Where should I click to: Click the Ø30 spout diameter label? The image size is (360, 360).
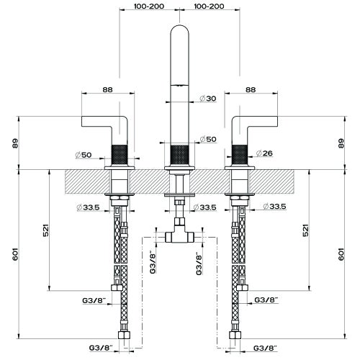208,99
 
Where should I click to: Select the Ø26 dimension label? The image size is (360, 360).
264,153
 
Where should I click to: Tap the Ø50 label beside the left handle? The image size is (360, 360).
84,155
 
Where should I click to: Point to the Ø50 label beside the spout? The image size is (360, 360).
208,139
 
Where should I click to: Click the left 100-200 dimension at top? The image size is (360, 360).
149,6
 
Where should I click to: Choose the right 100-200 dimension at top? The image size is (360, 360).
209,6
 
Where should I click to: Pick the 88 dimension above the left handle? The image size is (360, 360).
107,90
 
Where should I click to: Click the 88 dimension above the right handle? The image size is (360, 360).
251,90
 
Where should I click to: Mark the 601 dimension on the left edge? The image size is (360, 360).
15,254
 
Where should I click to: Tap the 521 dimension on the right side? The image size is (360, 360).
305,230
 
